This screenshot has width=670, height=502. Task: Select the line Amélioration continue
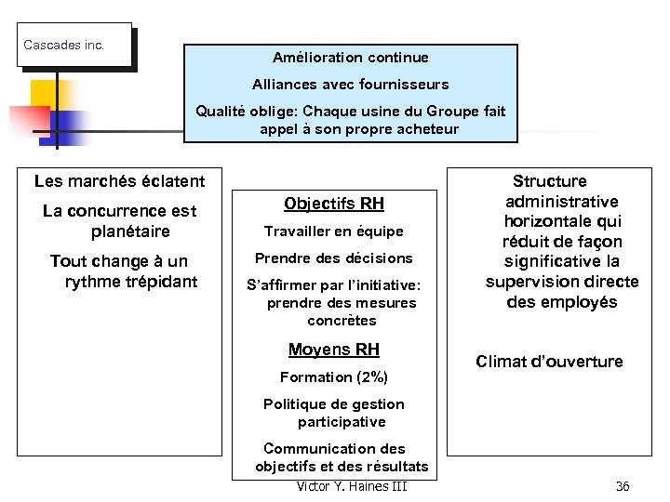click(350, 58)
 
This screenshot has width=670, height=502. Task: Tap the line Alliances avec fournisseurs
click(350, 85)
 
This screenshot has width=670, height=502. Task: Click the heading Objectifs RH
click(333, 204)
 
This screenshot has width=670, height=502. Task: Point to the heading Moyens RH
click(333, 350)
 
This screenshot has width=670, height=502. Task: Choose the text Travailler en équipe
click(333, 231)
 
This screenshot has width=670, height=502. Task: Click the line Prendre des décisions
click(333, 258)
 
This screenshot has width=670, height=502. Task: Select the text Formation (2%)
click(333, 376)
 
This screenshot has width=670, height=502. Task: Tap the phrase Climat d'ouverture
click(549, 362)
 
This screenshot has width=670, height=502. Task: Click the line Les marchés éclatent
click(119, 180)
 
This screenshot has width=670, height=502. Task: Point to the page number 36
click(623, 486)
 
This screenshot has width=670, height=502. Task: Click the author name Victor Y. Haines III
click(351, 486)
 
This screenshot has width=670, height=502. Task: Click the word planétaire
click(130, 231)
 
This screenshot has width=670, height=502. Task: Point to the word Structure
click(550, 181)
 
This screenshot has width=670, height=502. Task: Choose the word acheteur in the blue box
click(424, 129)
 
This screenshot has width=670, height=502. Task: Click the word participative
click(342, 422)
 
